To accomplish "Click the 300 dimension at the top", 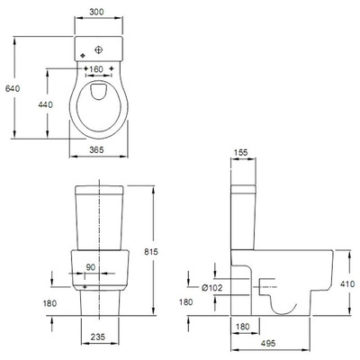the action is [96, 12].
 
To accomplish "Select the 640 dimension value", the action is [13, 88].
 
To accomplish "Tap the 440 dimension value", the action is [46, 104].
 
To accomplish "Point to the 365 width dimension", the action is [96, 149].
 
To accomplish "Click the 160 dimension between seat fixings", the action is [96, 69].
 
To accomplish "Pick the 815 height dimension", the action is [151, 252].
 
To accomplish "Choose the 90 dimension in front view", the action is [91, 267].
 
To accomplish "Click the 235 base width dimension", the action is [98, 337].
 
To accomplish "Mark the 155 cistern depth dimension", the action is [240, 152].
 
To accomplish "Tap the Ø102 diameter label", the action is [212, 288].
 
